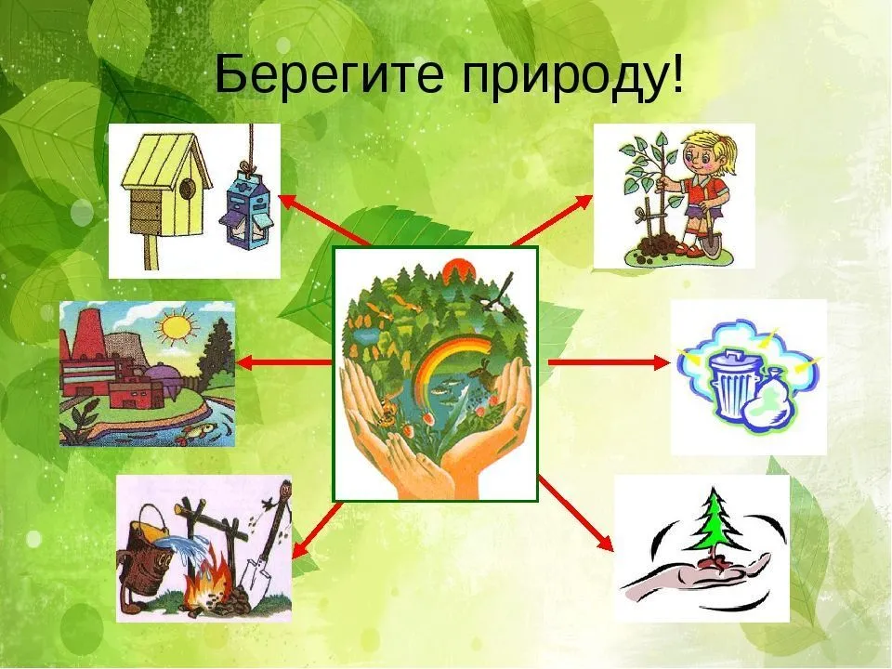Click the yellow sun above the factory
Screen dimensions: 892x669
click(x=177, y=328)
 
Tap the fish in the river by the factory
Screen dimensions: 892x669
click(x=195, y=432)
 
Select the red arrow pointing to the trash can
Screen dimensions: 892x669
click(x=609, y=362)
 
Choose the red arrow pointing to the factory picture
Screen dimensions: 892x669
click(x=285, y=362)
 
